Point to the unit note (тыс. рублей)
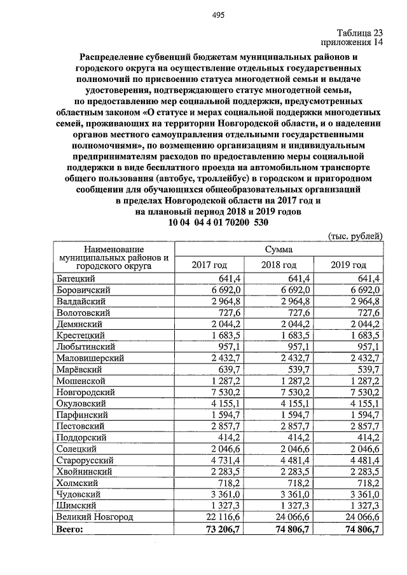click(x=355, y=236)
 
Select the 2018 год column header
click(x=280, y=265)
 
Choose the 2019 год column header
click(x=349, y=265)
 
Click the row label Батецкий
click(x=76, y=278)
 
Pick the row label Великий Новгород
click(x=95, y=517)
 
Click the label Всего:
click(x=70, y=529)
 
